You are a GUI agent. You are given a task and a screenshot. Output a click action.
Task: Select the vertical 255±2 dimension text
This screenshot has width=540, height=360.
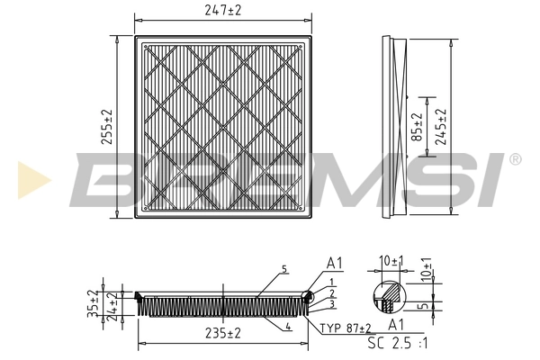pyautogui.click(x=106, y=128)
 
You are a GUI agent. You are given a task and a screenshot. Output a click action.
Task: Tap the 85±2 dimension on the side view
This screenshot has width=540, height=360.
pyautogui.click(x=417, y=128)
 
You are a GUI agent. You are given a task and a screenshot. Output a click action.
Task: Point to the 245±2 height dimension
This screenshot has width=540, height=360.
pyautogui.click(x=441, y=127)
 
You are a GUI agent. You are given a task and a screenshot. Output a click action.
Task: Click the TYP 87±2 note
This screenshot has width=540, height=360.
pyautogui.click(x=346, y=328)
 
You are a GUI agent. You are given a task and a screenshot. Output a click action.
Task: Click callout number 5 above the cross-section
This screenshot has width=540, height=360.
pyautogui.click(x=283, y=269)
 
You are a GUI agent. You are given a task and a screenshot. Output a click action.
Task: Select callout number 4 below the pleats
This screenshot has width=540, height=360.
pyautogui.click(x=287, y=326)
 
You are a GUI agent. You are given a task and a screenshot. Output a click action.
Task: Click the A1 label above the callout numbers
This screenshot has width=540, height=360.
pyautogui.click(x=334, y=264)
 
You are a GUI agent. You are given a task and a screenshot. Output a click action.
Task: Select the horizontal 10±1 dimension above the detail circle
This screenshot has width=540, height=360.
pyautogui.click(x=391, y=261)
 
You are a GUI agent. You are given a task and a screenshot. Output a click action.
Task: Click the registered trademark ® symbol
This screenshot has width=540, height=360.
pyautogui.click(x=515, y=159)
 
